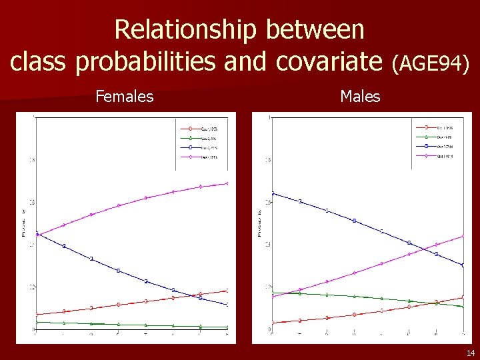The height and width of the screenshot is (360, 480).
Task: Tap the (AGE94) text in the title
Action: tap(431, 63)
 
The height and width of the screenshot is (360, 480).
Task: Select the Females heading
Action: tap(124, 97)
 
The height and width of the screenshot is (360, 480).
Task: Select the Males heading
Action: tap(360, 97)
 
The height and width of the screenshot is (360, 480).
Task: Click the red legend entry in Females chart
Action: tap(201, 128)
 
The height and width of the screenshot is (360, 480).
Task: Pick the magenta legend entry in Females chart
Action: tap(201, 157)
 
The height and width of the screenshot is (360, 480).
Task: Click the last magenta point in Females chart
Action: tap(227, 183)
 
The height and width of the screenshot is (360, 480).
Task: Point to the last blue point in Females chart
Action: tap(227, 305)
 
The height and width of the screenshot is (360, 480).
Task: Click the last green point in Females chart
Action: tap(227, 327)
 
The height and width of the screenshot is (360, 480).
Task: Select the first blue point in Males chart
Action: tap(273, 193)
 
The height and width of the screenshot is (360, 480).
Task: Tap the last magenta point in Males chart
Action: tap(463, 235)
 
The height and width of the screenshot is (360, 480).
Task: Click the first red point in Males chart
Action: tap(273, 323)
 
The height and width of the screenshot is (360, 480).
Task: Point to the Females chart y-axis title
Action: tap(24, 223)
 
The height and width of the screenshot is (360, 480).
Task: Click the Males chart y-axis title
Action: tap(260, 223)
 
